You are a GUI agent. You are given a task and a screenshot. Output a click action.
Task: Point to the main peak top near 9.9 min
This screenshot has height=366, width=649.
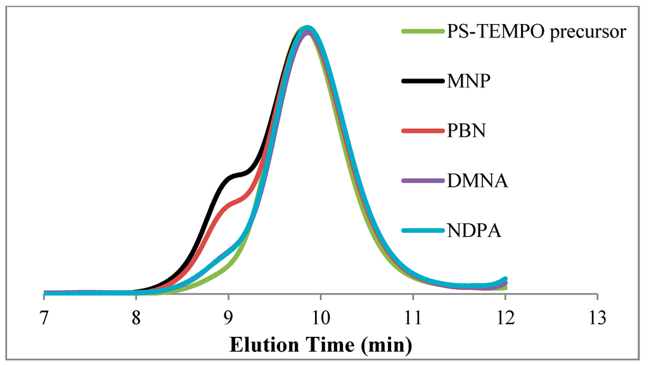coord(307,28)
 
